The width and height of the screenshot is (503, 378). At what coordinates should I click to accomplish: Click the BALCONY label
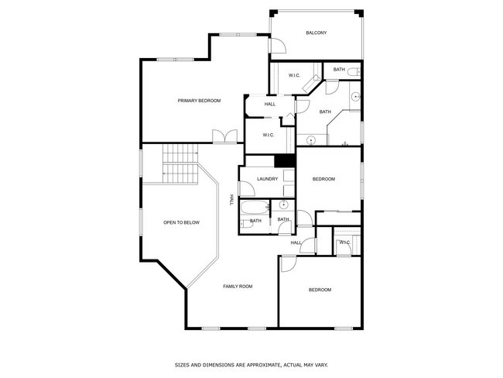[316, 33]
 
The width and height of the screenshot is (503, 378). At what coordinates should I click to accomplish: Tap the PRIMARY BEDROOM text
[199, 101]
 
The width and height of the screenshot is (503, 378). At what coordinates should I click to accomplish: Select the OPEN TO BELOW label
[181, 223]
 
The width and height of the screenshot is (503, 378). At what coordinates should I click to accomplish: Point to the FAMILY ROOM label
[238, 287]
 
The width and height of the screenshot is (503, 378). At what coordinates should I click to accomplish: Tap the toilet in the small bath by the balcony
[353, 72]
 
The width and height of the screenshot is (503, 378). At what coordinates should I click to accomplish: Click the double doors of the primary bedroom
[225, 136]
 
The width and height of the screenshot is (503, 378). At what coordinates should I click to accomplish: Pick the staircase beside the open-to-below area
[177, 164]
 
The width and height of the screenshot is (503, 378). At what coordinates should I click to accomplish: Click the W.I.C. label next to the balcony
[294, 75]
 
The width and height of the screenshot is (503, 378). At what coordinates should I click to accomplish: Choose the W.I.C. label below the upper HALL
[269, 135]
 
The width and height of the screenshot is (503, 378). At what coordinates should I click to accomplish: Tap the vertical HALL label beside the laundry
[231, 199]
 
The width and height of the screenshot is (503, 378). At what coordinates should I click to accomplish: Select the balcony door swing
[275, 46]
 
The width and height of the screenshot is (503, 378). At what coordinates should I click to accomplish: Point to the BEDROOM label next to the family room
[320, 290]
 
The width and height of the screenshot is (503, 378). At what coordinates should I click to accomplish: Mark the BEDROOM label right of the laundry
[323, 179]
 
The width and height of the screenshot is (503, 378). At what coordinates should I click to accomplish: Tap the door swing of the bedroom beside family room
[287, 264]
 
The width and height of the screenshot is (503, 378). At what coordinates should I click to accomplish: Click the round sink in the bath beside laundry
[283, 205]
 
